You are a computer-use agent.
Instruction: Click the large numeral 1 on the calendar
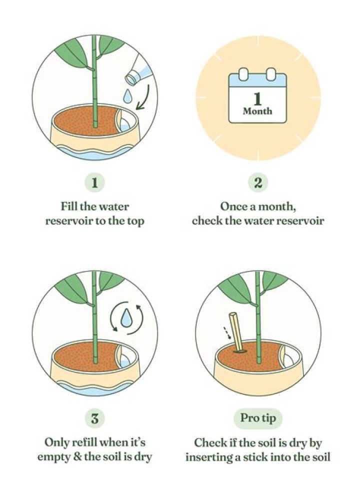(258, 98)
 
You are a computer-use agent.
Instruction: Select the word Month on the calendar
(258, 111)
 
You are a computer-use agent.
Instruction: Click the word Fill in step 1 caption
(70, 206)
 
